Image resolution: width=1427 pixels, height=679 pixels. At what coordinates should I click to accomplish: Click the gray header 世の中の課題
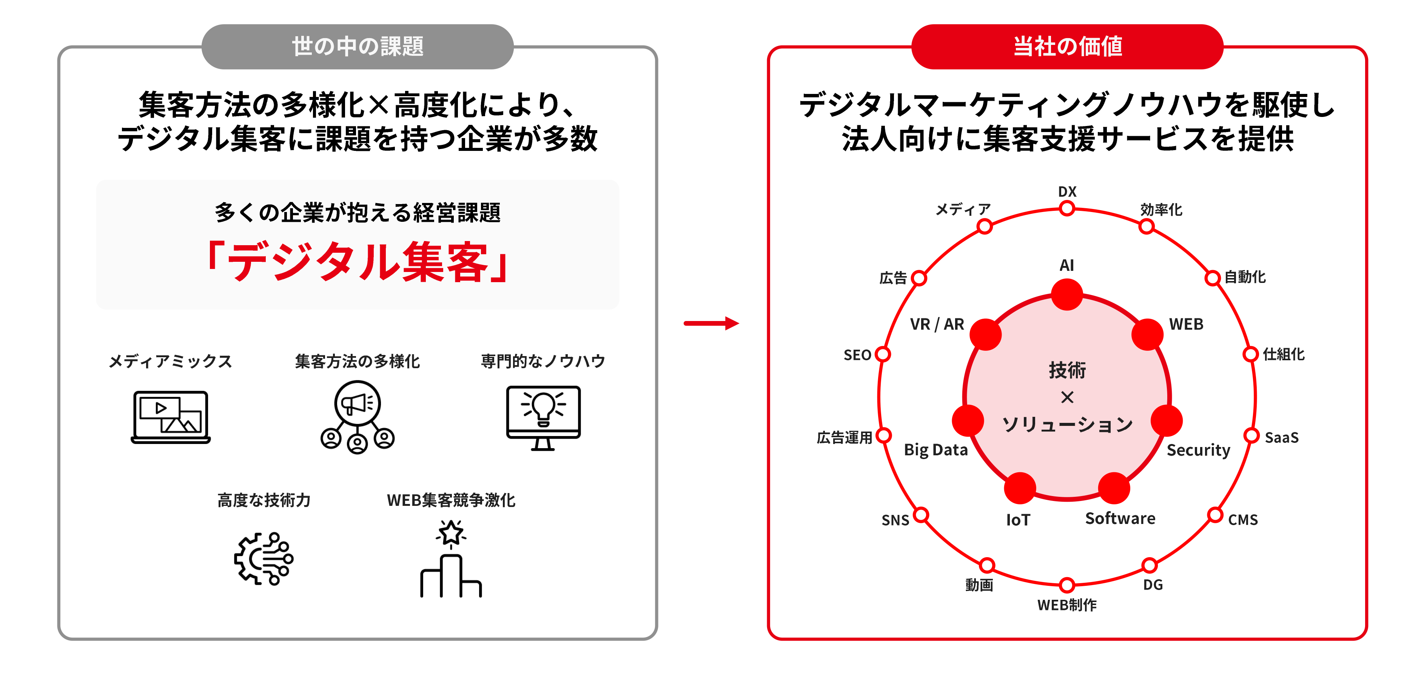357,46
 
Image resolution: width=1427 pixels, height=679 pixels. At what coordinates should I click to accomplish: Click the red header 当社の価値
1067,46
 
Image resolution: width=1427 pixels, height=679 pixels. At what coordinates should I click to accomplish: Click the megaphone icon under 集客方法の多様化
357,416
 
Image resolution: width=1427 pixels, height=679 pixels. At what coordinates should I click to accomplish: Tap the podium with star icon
451,559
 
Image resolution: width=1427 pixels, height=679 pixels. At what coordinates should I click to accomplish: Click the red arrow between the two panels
711,323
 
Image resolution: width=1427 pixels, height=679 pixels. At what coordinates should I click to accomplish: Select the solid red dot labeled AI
1067,294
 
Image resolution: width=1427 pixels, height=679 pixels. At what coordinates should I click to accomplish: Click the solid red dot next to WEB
1147,334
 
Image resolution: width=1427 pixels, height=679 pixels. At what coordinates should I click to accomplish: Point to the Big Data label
935,450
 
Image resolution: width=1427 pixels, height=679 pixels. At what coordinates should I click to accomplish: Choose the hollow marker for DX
1067,209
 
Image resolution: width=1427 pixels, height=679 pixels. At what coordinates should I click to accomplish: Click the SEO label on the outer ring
857,355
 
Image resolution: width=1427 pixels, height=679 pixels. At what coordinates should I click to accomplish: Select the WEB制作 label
1067,605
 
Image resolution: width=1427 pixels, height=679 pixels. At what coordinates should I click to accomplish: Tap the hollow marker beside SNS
921,515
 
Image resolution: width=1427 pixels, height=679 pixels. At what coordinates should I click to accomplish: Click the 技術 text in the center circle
1067,370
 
